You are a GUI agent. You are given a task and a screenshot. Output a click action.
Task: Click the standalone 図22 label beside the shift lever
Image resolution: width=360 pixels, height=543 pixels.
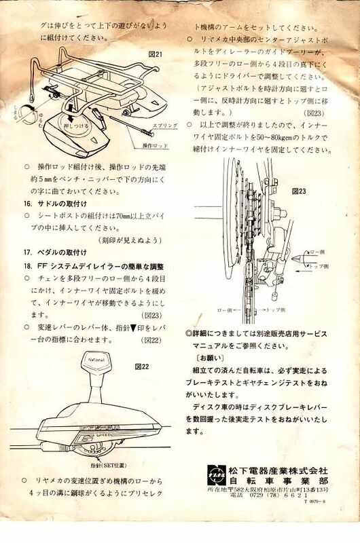coord(143,367)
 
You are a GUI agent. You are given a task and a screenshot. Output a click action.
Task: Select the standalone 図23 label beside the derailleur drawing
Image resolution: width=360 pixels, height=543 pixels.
coord(300,191)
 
